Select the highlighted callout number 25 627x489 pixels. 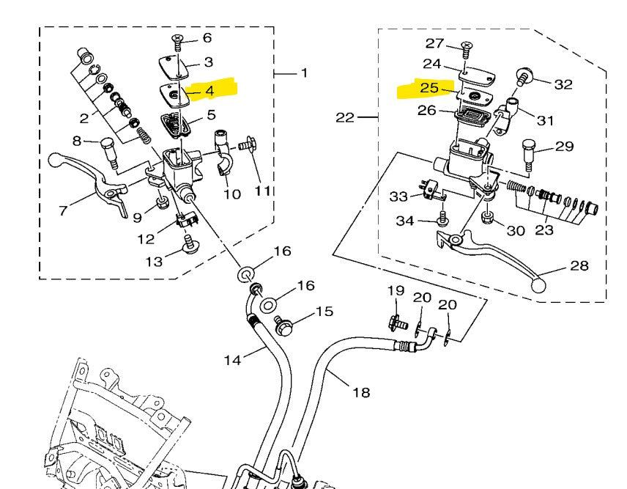(x=429, y=88)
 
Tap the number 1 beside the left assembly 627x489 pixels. (x=304, y=73)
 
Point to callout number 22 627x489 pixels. (x=344, y=117)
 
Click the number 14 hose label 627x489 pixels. (x=232, y=359)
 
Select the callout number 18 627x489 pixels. (x=361, y=392)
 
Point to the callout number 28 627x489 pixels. (x=579, y=265)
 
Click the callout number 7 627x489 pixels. (x=64, y=211)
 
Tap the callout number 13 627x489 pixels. (x=154, y=262)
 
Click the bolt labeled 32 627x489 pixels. (x=525, y=74)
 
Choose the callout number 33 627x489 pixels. (x=398, y=196)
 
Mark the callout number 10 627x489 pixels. (x=231, y=194)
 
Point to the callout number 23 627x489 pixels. (x=544, y=229)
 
